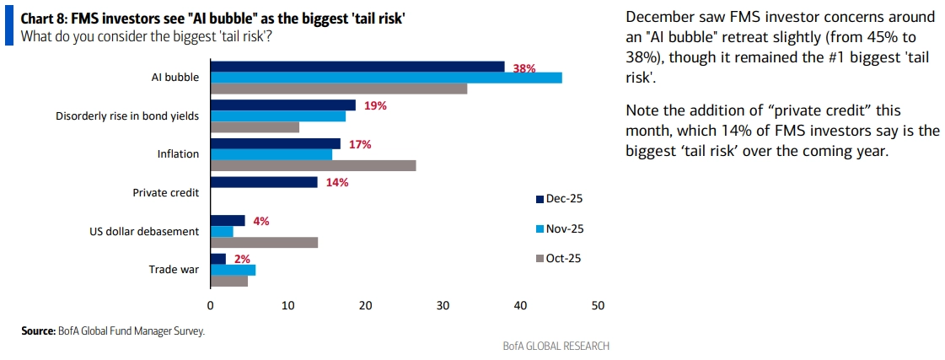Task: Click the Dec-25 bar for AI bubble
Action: coord(357,67)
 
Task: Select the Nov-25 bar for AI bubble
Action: coord(386,78)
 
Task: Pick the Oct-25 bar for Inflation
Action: coord(313,165)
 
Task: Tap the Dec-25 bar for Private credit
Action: coord(264,182)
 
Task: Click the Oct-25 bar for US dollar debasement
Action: coord(264,243)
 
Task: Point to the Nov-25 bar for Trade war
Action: coord(233,270)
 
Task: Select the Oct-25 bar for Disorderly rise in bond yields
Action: coord(255,127)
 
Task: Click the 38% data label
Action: coord(524,68)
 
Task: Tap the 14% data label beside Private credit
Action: coord(336,182)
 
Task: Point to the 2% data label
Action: coord(243,259)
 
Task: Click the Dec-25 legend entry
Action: coord(559,199)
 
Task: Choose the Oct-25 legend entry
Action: coord(559,258)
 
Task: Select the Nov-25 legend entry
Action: coord(559,228)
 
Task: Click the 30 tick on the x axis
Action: coord(443,305)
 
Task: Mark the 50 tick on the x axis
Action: coord(598,305)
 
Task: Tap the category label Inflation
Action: coord(178,154)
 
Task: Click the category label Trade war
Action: coord(174,270)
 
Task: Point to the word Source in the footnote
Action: coord(38,331)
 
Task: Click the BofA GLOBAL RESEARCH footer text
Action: coord(556,346)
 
